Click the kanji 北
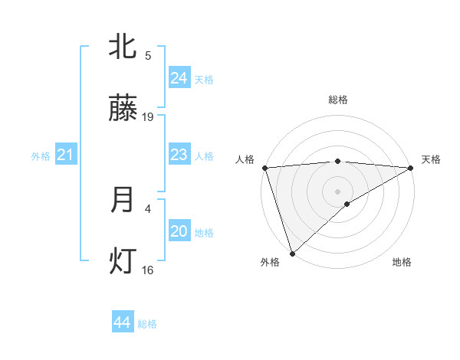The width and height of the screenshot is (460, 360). [123, 47]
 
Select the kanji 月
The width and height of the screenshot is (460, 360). [123, 200]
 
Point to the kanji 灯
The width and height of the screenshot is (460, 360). [123, 262]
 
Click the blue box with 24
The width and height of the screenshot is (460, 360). [179, 78]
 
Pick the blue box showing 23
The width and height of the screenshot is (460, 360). [179, 155]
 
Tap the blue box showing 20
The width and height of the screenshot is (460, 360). [179, 231]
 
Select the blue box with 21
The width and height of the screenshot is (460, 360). [65, 155]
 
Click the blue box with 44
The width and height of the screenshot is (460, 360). [123, 322]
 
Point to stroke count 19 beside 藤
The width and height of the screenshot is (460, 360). [148, 117]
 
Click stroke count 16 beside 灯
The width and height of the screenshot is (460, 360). [148, 270]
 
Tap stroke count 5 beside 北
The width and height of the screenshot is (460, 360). [148, 55]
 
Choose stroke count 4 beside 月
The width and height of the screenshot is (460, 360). [148, 208]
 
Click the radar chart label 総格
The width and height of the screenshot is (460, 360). [338, 100]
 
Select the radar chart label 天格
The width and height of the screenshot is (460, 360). [432, 159]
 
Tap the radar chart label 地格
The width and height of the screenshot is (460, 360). [402, 262]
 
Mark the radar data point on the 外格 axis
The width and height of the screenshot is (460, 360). [292, 254]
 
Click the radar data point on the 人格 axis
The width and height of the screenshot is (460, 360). [264, 167]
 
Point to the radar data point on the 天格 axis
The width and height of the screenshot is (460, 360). [412, 167]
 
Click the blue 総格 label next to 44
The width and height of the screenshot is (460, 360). [148, 324]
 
